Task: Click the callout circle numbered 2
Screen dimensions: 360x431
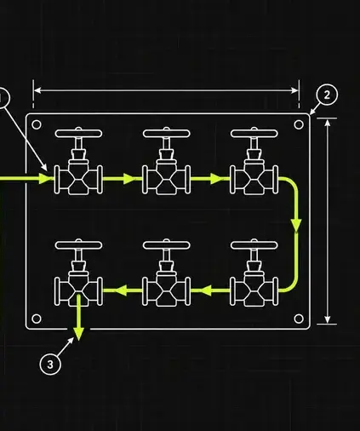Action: pyautogui.click(x=327, y=95)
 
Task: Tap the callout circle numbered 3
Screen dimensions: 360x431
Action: pyautogui.click(x=50, y=364)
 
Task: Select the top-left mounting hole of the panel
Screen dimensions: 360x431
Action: pyautogui.click(x=37, y=124)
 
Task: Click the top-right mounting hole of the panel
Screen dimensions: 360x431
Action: pyautogui.click(x=299, y=124)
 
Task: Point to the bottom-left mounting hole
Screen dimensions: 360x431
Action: pyautogui.click(x=37, y=319)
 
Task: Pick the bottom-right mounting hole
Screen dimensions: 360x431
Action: pyautogui.click(x=299, y=319)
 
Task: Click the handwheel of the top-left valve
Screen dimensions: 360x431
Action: pyautogui.click(x=78, y=134)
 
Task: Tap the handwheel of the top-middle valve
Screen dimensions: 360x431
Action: pyautogui.click(x=167, y=134)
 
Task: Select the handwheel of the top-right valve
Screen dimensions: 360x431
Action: pyautogui.click(x=254, y=134)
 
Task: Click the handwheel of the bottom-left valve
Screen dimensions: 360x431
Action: pyautogui.click(x=78, y=245)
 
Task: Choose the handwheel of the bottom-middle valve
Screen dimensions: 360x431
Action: pyautogui.click(x=167, y=245)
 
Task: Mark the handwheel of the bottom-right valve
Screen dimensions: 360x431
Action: pyautogui.click(x=254, y=245)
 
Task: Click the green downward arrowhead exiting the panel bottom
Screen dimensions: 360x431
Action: pyautogui.click(x=78, y=334)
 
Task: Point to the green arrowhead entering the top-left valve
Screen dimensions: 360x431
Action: pyautogui.click(x=45, y=179)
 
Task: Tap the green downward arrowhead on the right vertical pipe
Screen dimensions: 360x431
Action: pyautogui.click(x=296, y=225)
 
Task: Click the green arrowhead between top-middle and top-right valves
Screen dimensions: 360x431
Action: pyautogui.click(x=216, y=179)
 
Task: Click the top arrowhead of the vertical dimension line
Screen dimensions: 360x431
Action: pyautogui.click(x=328, y=123)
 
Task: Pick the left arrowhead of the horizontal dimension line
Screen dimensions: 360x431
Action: pyautogui.click(x=37, y=90)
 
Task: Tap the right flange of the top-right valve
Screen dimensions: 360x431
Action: pyautogui.click(x=275, y=180)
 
